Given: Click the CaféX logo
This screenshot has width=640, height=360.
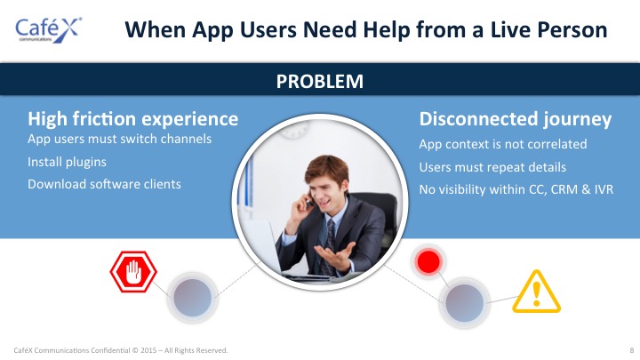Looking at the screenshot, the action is pos(49,30).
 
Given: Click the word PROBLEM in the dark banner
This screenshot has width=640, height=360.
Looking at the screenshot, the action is pos(320,81).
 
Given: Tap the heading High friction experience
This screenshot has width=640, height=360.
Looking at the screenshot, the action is pos(133,119).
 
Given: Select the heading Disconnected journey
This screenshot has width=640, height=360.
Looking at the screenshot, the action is pos(515,119).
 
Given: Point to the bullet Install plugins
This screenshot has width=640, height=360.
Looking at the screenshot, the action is pos(67,162).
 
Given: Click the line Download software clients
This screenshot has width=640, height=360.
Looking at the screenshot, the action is pos(105,184).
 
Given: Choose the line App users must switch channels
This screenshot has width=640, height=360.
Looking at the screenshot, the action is pos(120,139).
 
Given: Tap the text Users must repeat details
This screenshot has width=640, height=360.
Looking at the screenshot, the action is pos(492,167).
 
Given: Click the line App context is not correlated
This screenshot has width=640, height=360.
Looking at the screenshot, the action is pos(503,144).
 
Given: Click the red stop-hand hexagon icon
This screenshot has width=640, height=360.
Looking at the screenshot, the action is pos(133,272).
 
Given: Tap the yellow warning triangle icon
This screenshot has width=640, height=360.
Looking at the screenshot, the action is pos(536,292).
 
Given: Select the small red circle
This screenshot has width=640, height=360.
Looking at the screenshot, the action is pos(428,261).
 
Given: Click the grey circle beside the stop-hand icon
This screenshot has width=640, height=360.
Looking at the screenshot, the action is pos(192,298).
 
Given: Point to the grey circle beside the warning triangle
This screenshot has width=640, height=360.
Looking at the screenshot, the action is pos(465,303).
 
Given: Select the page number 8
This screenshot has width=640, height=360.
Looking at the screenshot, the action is pos(632,350).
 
